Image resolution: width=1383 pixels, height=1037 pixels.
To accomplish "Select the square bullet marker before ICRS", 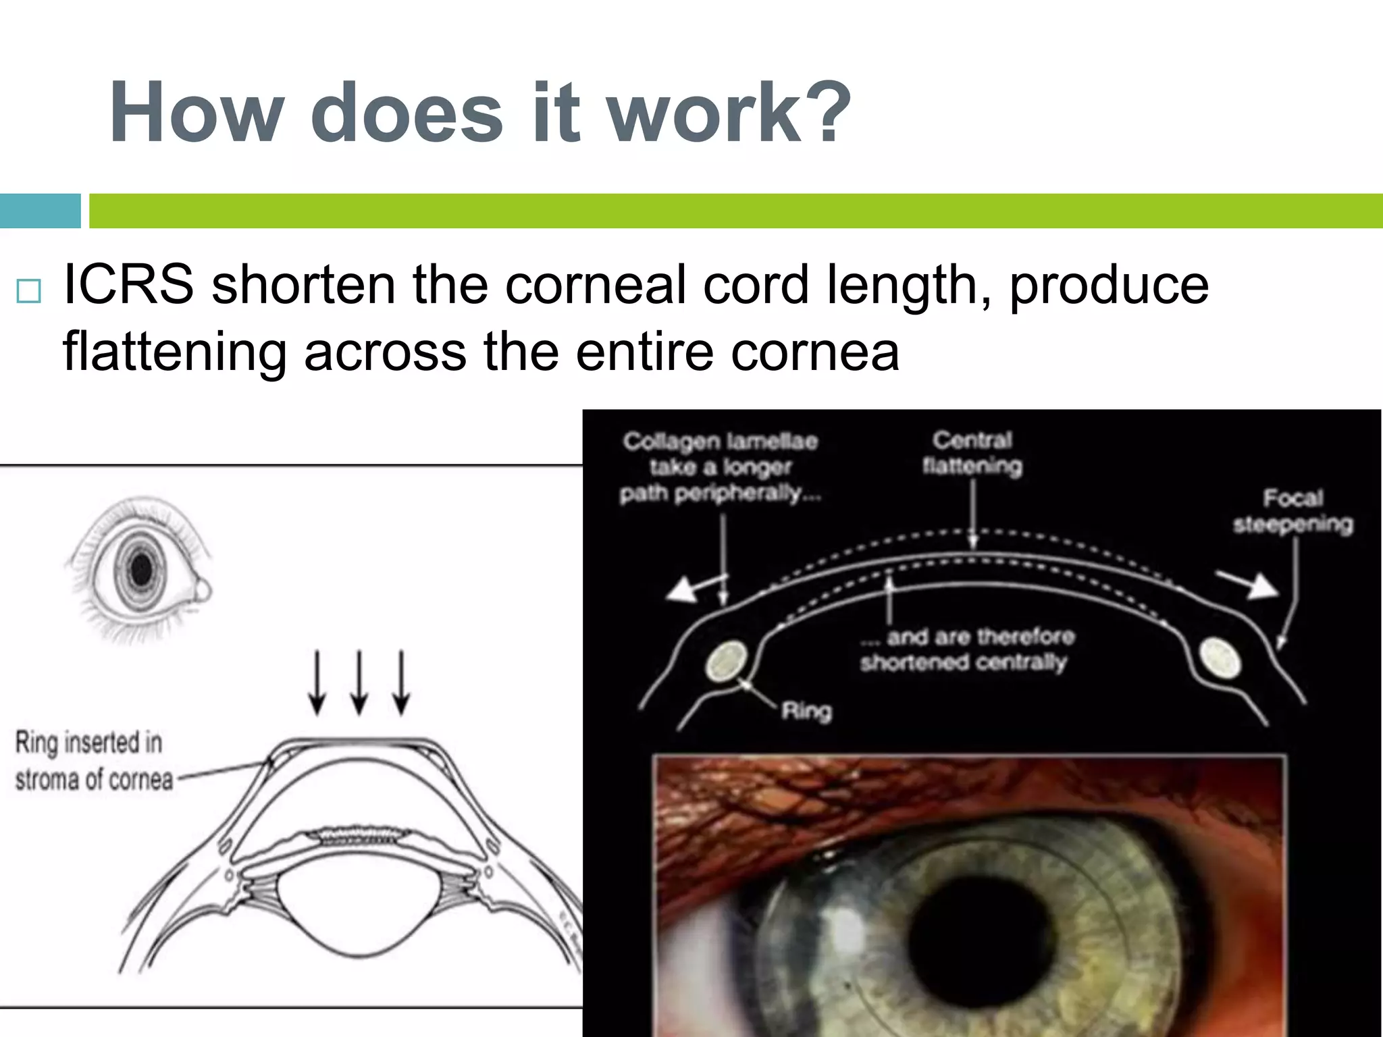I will pos(29,291).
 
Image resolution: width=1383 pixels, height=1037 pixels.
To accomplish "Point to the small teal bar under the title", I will pos(40,211).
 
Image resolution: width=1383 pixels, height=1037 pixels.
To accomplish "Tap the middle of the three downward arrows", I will pos(359,682).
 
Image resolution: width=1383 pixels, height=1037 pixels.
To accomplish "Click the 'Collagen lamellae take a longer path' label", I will pos(720,467).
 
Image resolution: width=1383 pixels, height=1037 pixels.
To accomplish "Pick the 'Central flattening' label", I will pos(972,453).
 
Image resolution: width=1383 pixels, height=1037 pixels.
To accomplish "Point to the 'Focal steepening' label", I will pos(1293,511).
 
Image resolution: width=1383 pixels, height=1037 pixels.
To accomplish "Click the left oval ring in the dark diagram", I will pos(727,662).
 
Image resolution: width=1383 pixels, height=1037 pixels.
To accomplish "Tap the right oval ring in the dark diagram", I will pos(1220,658).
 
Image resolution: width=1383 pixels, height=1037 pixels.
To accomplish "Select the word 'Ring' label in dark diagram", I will pos(806,711).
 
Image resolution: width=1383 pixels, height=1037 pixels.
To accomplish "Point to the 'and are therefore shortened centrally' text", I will pos(966,649).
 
